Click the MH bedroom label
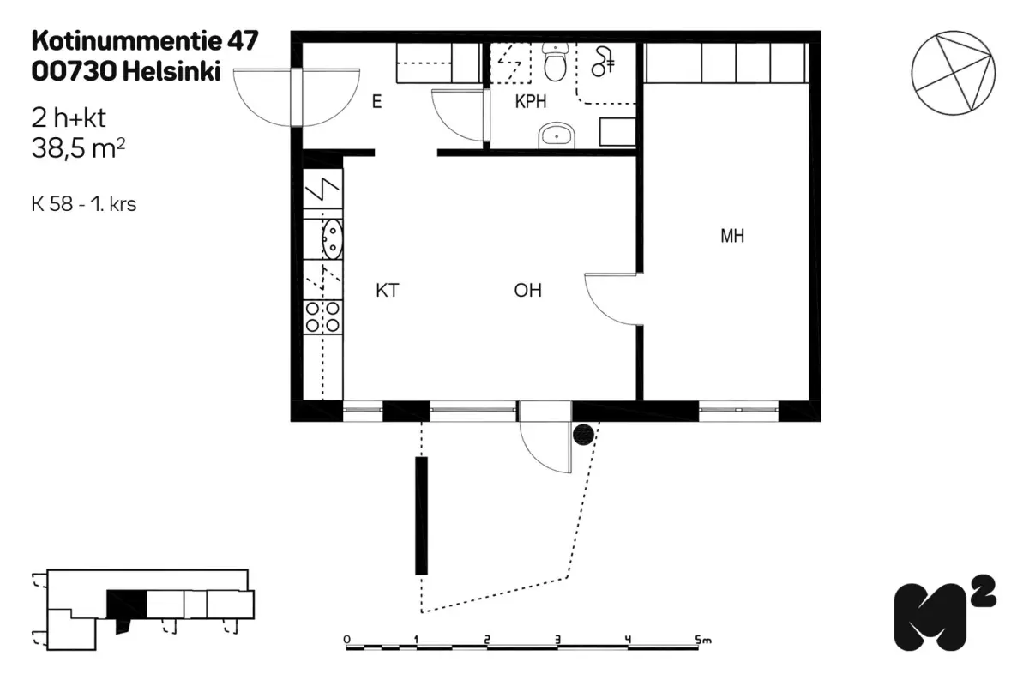tap(731, 237)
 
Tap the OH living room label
tap(528, 291)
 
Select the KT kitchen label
tap(388, 291)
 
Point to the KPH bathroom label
tap(532, 102)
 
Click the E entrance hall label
tap(376, 102)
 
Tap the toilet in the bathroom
tap(557, 63)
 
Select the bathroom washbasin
tap(558, 135)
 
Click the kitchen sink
tap(332, 238)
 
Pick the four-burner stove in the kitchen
tap(322, 316)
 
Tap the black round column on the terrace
tap(583, 436)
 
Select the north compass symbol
tap(953, 74)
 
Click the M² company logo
tap(944, 615)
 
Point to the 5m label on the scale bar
tap(704, 639)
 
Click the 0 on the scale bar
tap(346, 639)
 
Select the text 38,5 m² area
tap(78, 147)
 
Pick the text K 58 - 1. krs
tap(83, 205)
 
